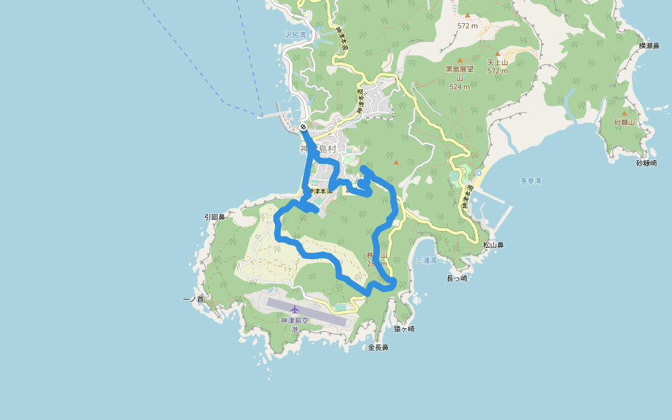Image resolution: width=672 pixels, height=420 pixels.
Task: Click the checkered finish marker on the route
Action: tap(302, 127)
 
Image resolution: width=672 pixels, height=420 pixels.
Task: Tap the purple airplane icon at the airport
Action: tap(295, 309)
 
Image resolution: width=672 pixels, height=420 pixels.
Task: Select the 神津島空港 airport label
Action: tap(295, 324)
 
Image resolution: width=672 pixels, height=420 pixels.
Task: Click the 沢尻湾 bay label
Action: tap(295, 34)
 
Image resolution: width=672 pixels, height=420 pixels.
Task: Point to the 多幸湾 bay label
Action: tap(531, 181)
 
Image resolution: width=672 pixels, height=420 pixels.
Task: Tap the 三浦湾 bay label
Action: tap(426, 260)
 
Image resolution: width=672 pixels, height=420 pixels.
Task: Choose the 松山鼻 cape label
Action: tap(493, 245)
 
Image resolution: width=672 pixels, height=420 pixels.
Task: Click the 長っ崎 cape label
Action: tap(456, 278)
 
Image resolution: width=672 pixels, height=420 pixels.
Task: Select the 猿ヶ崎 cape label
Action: tap(404, 328)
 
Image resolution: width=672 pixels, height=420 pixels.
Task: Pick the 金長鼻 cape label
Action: tap(378, 347)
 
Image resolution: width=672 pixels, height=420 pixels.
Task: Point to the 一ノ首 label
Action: tap(192, 300)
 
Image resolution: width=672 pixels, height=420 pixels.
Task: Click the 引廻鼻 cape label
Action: tap(214, 217)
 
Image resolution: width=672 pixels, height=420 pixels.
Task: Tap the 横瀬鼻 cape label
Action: tap(649, 46)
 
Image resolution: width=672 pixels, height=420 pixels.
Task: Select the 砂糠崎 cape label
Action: tap(646, 163)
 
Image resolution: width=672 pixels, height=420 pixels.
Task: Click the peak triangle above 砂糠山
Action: tap(624, 113)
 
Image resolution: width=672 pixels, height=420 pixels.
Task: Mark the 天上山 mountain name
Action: tap(497, 62)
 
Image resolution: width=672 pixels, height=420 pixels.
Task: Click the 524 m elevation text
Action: tap(459, 87)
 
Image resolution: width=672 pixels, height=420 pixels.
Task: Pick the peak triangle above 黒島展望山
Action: tap(460, 60)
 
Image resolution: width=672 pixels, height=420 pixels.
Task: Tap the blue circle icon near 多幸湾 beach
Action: tap(479, 172)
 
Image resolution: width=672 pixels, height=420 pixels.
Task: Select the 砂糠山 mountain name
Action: tap(624, 122)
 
